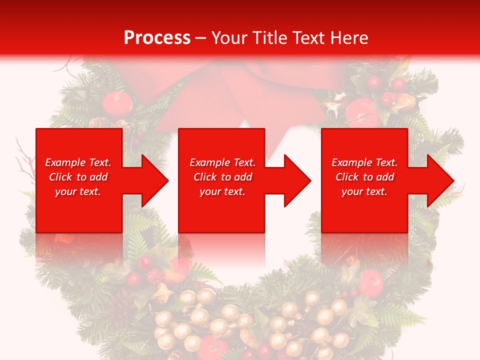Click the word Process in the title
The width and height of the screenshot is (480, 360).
point(157,38)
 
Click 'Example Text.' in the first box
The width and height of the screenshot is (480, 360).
point(78,162)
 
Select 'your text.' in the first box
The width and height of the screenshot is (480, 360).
point(78,191)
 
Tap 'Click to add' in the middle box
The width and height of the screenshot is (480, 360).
point(222,177)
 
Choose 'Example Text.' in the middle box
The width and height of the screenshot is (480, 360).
point(222,162)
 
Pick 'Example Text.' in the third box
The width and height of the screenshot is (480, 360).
point(364,162)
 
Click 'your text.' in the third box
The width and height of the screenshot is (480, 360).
point(364,191)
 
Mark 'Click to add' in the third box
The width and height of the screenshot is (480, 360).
point(364,177)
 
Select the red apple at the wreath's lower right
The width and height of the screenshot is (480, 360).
point(370,282)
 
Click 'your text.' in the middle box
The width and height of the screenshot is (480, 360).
point(222,191)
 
